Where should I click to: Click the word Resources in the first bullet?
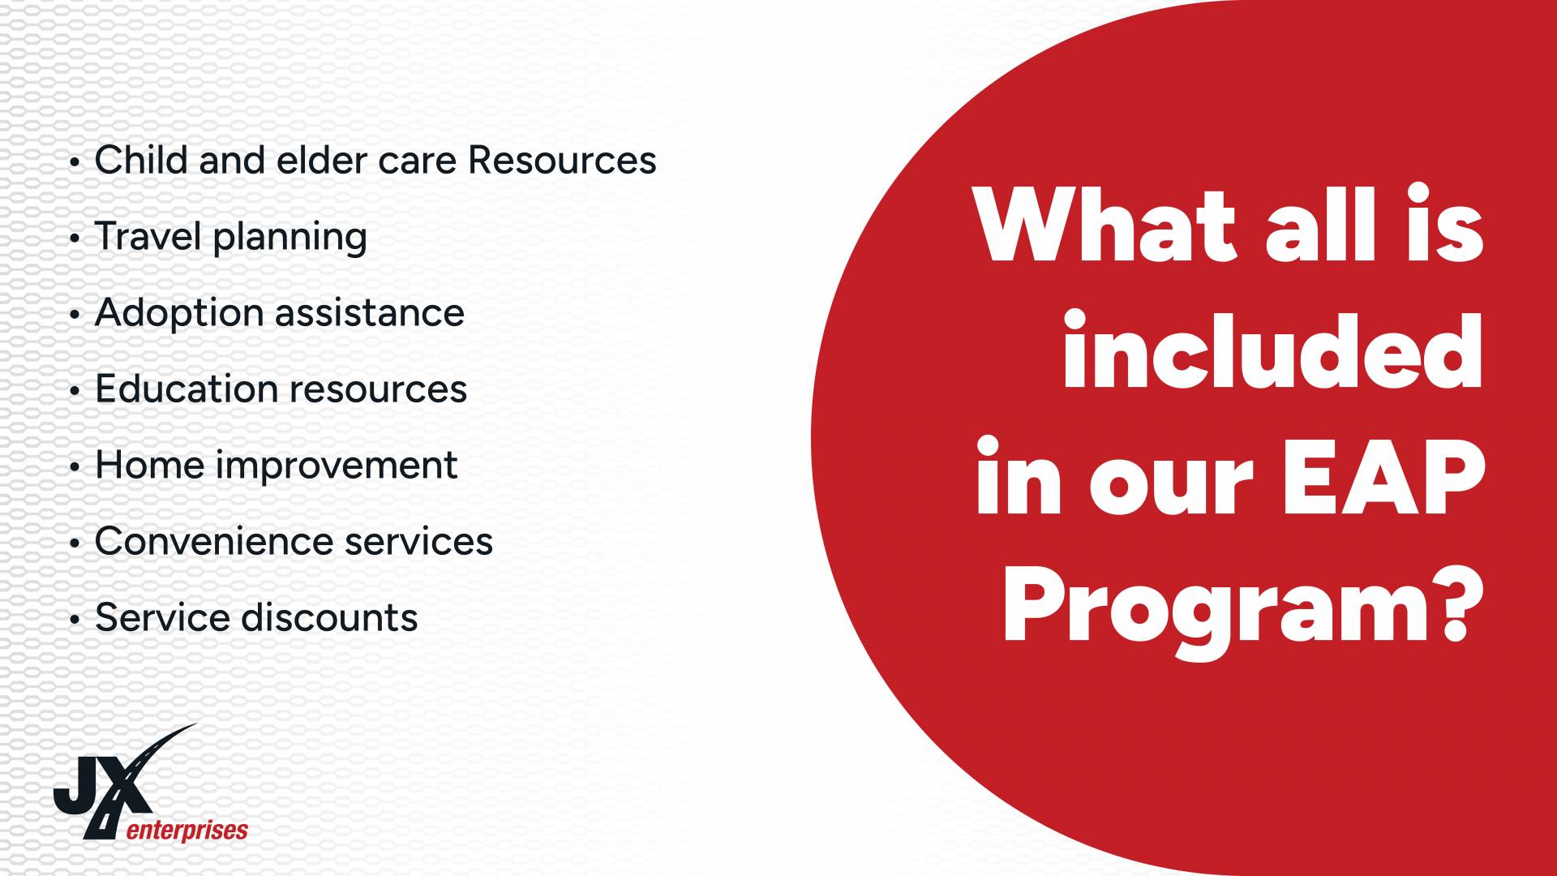click(x=562, y=160)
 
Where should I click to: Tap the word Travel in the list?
click(x=148, y=236)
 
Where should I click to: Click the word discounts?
click(x=329, y=617)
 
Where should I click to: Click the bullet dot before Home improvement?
click(x=75, y=468)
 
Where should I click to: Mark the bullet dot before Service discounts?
click(x=75, y=620)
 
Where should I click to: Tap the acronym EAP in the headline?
click(x=1383, y=478)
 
